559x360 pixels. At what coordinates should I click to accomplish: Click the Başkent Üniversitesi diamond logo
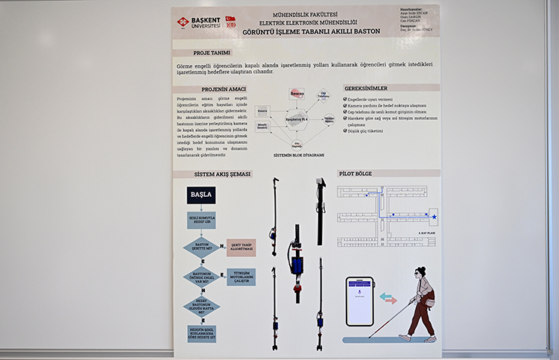coord(182,22)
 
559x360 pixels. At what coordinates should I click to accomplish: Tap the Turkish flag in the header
coord(230,19)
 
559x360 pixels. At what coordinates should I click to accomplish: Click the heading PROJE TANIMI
coord(212,54)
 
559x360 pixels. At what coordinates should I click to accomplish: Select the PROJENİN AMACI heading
coord(212,88)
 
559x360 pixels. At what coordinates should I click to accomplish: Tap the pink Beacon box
coord(297,93)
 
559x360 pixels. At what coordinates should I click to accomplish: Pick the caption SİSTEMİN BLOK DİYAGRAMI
coord(298,155)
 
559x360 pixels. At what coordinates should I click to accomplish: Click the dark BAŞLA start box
coord(201,195)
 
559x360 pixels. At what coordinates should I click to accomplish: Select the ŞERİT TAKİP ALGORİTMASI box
coord(241,247)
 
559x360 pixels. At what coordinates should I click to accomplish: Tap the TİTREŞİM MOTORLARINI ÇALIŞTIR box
coord(241,277)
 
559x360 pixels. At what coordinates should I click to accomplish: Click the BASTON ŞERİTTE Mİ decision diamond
coord(201,247)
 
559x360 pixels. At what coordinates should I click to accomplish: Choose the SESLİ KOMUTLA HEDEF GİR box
coord(201,221)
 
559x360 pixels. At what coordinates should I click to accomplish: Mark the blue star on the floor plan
coord(434,216)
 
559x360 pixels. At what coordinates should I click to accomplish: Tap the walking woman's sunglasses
coord(423,273)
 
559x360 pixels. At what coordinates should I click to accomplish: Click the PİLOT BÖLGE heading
coord(356,174)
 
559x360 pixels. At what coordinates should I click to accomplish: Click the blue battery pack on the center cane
coord(297,265)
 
